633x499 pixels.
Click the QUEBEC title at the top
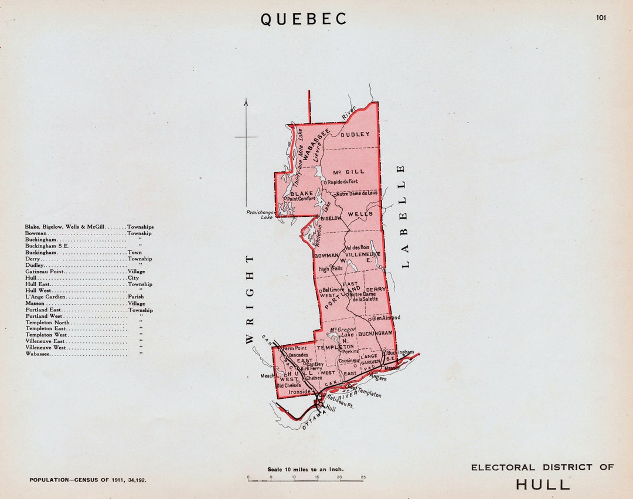304,19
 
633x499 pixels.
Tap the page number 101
601,17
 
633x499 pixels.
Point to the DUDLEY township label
355,134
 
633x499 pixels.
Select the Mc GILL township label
349,172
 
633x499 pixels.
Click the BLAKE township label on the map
301,193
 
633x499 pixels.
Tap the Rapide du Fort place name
342,182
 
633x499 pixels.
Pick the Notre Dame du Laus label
356,193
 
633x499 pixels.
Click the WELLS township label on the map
360,214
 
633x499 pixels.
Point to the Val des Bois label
357,247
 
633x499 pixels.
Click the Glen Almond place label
386,318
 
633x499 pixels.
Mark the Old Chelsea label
288,385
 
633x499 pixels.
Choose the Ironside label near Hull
300,391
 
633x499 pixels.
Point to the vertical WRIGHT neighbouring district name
250,298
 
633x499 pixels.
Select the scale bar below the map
305,480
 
